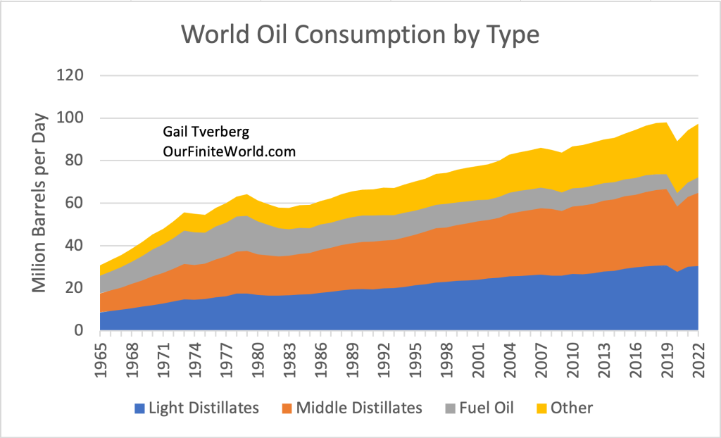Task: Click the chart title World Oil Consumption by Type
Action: tap(360, 34)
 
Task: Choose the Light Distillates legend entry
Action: tap(203, 407)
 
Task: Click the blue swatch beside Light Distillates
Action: tap(139, 408)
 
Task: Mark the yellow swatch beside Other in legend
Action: tap(543, 408)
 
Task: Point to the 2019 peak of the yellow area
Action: tap(666, 123)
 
